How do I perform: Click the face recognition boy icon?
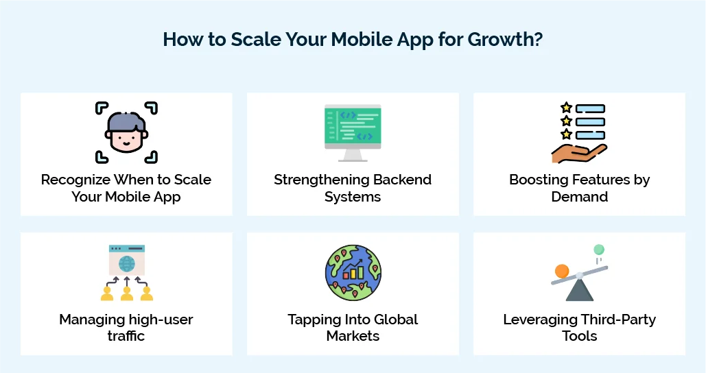coord(126,133)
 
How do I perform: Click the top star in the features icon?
coord(566,108)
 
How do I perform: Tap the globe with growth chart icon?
coord(353,272)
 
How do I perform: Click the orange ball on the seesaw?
coord(562,271)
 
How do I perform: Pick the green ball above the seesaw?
coord(599,250)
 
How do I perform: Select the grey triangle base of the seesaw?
coord(580,290)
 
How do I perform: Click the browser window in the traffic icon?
coord(127,260)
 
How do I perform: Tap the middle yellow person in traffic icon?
coord(127,293)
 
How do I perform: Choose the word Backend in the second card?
coord(399,180)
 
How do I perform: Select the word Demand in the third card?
coord(580,197)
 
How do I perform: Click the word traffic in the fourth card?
coord(126,336)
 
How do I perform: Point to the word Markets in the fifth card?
coord(353,336)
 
